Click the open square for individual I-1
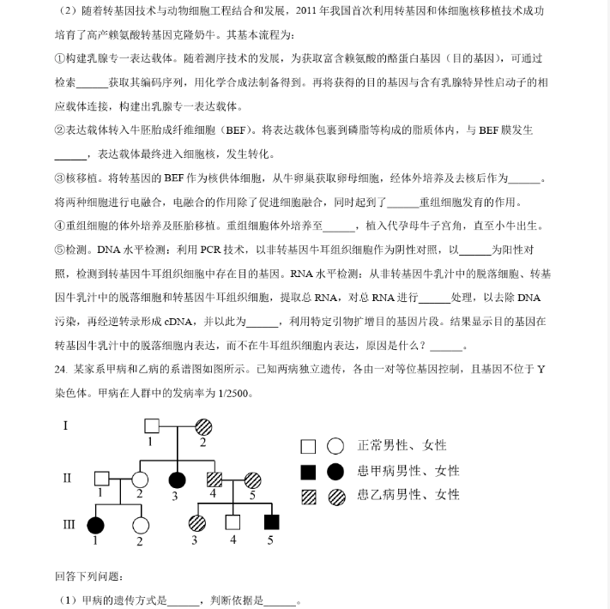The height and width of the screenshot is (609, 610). tap(152, 425)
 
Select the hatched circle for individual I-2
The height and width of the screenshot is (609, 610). tap(203, 425)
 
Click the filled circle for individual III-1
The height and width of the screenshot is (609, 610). tap(95, 523)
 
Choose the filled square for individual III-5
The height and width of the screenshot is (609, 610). tap(271, 522)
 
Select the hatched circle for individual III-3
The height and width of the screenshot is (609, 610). tap(196, 522)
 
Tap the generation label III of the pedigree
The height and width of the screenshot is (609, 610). tap(69, 522)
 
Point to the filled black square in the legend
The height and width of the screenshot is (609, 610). tap(308, 471)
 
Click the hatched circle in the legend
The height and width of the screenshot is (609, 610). tap(335, 496)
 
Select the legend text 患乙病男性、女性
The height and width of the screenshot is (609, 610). tap(408, 495)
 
